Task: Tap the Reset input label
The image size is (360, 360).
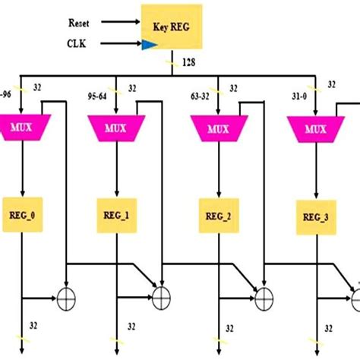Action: [81, 23]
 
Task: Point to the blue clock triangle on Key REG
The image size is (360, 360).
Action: [147, 46]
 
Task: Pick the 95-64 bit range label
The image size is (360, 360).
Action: [98, 97]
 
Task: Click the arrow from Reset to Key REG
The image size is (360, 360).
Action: [122, 23]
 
